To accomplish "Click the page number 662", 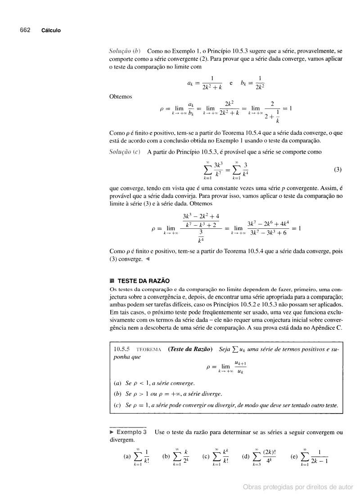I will pyautogui.click(x=25, y=30).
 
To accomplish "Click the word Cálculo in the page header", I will pyautogui.click(x=51, y=31).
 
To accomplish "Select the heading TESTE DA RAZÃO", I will pyautogui.click(x=144, y=281).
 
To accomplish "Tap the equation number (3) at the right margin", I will pyautogui.click(x=337, y=170).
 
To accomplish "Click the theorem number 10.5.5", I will pyautogui.click(x=121, y=349).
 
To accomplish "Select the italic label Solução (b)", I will pyautogui.click(x=126, y=51).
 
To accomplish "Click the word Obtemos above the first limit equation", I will pyautogui.click(x=121, y=96).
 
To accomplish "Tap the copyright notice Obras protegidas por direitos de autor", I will pyautogui.click(x=298, y=486).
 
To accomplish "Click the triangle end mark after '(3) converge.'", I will pyautogui.click(x=148, y=259).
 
